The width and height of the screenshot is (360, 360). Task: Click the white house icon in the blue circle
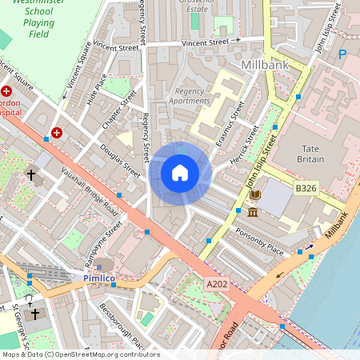click(x=180, y=173)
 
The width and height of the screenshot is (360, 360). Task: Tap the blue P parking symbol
click(x=342, y=54)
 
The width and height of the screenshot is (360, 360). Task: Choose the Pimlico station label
click(x=100, y=278)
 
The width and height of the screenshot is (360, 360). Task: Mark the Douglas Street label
click(x=121, y=160)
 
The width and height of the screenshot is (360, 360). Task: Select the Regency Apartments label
click(x=191, y=96)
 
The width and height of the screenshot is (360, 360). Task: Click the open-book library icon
click(x=255, y=194)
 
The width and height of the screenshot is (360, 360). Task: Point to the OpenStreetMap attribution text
click(x=80, y=354)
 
